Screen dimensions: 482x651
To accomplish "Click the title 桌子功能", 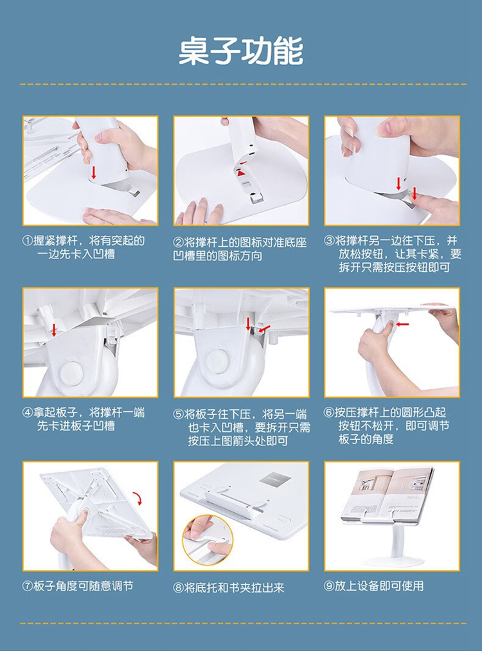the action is (x=241, y=51).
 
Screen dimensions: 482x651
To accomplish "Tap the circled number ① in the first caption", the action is (x=28, y=241).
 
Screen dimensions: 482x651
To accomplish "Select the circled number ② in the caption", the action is (x=179, y=242).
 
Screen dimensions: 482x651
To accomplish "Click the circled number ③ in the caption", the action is (x=329, y=241).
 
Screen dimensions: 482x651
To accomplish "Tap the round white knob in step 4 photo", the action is (x=72, y=373).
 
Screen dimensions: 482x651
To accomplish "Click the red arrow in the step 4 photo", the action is (x=53, y=330).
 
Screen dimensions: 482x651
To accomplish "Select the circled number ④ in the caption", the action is (x=28, y=413).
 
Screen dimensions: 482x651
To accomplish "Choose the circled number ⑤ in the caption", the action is (x=179, y=415).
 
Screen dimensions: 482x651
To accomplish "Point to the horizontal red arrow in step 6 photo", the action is (x=403, y=325).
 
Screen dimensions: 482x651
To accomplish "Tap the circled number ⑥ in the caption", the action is (x=329, y=413).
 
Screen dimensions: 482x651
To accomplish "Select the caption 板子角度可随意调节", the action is (x=83, y=586).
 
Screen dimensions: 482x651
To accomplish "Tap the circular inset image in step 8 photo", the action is (x=207, y=539).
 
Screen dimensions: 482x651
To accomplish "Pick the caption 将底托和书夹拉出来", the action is (x=234, y=587).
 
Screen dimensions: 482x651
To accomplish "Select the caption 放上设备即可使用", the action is (x=379, y=586).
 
